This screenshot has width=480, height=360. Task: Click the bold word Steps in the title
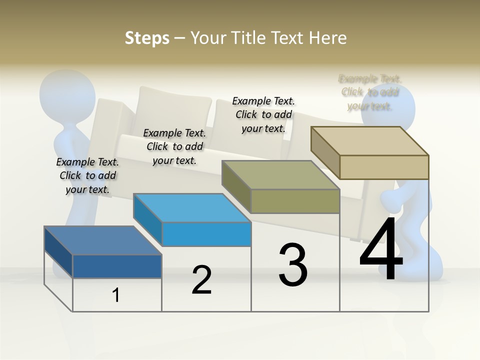[147, 38]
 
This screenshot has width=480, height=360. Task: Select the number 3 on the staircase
[293, 265]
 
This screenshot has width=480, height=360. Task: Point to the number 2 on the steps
[201, 280]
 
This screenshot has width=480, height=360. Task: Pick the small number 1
[115, 295]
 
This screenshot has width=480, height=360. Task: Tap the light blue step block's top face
[192, 207]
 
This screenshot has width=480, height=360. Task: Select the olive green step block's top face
[280, 175]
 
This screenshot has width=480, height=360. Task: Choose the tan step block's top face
[370, 140]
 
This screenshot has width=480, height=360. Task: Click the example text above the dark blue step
[88, 175]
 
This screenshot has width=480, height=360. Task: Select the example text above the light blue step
[174, 146]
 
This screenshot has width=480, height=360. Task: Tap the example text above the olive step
[263, 114]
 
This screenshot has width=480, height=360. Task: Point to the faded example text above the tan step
[370, 92]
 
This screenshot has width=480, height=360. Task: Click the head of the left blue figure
[67, 92]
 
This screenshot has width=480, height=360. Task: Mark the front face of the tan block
[384, 167]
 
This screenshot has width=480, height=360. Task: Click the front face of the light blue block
[206, 234]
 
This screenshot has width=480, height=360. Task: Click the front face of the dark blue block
[117, 266]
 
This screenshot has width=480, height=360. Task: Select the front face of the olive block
[295, 201]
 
